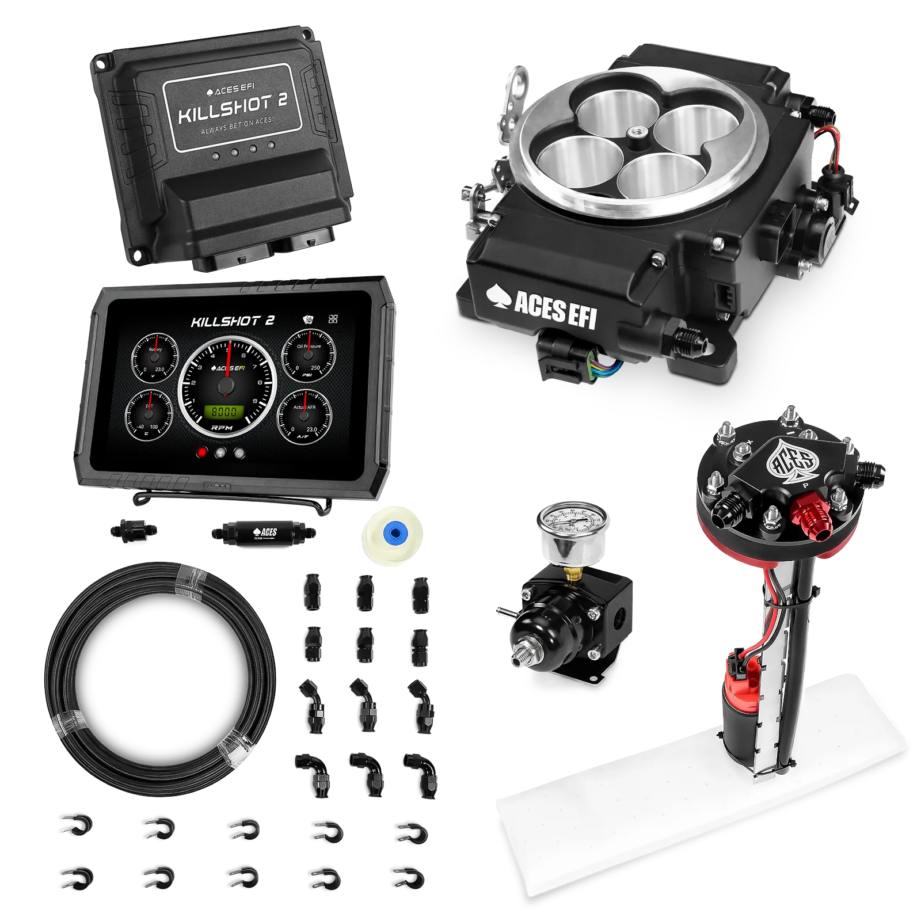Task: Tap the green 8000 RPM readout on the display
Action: [x=224, y=412]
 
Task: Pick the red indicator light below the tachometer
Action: [x=202, y=452]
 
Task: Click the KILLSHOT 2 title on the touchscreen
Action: [x=233, y=321]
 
